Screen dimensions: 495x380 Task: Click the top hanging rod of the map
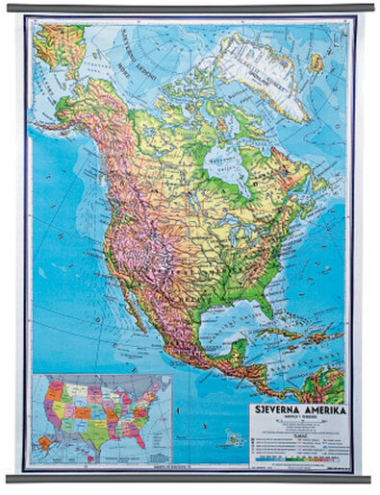(x=190, y=8)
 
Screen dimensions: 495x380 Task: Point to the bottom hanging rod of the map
(x=190, y=478)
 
